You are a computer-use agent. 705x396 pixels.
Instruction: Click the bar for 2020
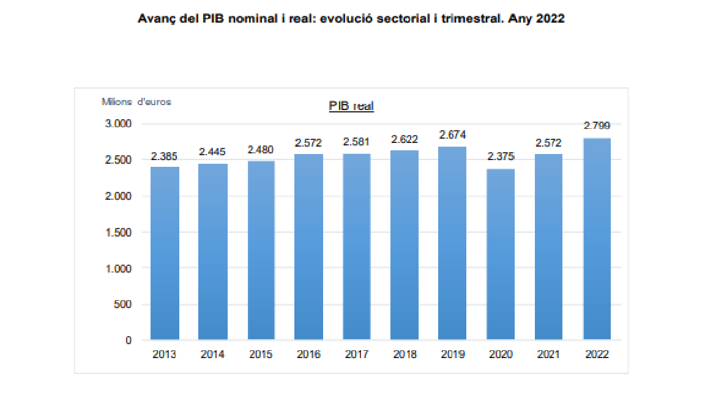tap(501, 254)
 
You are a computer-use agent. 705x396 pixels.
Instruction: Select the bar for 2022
tap(597, 238)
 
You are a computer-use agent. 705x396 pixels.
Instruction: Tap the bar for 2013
tap(165, 253)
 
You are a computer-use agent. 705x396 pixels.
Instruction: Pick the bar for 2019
tap(452, 243)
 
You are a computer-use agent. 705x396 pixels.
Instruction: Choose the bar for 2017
tap(357, 246)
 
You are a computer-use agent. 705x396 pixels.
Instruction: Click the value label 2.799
tap(597, 126)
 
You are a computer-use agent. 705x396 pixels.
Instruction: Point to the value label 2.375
tap(501, 156)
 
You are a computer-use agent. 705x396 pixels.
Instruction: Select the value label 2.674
tap(452, 135)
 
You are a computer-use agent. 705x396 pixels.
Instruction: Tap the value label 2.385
tap(165, 156)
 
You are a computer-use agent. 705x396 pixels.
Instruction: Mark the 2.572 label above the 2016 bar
tap(308, 142)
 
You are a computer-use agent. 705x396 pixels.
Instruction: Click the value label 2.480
tap(261, 150)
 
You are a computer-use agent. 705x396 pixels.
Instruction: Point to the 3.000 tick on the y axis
tap(119, 124)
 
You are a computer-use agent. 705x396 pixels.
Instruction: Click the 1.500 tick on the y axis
tap(119, 232)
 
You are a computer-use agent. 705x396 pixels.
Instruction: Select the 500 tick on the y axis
tap(124, 304)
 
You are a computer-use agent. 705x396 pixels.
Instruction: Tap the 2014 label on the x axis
tap(212, 354)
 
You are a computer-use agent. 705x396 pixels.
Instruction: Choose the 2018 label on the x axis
tap(405, 354)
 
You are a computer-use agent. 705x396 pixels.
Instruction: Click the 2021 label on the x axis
tap(548, 354)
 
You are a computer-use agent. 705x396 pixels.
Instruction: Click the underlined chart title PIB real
tap(351, 106)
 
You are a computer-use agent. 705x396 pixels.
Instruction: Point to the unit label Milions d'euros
tap(136, 101)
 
